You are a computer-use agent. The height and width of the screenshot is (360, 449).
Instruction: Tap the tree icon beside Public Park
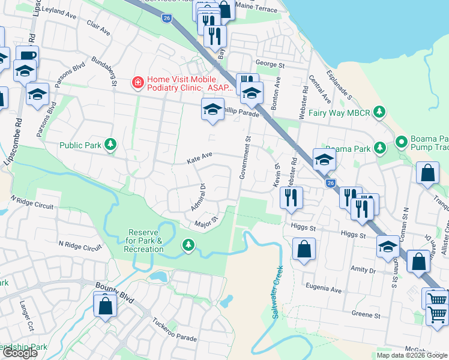(110, 145)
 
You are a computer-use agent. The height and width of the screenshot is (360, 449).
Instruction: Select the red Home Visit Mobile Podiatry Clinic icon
(138, 82)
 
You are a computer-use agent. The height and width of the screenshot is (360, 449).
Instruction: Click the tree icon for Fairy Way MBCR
(379, 112)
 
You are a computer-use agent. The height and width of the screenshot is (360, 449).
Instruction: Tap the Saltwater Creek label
(277, 293)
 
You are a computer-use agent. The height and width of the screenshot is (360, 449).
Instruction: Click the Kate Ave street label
(200, 158)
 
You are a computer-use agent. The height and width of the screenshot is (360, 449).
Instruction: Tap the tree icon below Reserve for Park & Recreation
(188, 244)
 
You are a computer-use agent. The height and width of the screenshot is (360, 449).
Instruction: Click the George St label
(270, 64)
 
